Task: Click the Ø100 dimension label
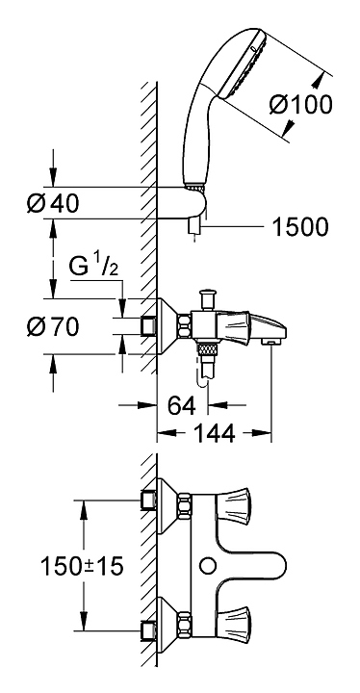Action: tap(300, 105)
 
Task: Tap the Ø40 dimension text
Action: tap(53, 204)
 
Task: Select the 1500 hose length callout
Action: tap(300, 227)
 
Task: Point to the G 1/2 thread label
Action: tap(94, 269)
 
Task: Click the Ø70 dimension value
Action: tap(53, 327)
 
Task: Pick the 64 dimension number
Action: tap(181, 405)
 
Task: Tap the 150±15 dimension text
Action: tap(82, 566)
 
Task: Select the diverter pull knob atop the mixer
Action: tap(207, 299)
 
